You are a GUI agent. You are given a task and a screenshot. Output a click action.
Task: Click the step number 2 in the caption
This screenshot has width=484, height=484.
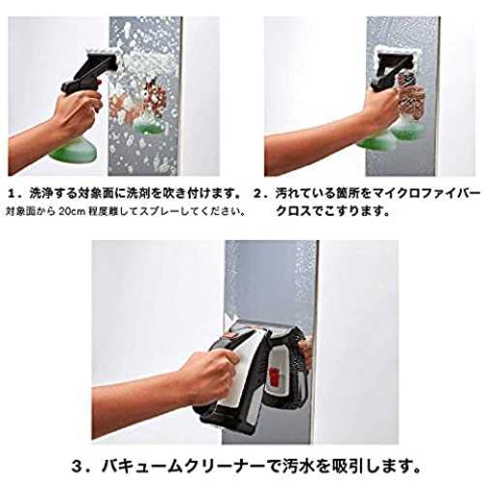tap(258, 194)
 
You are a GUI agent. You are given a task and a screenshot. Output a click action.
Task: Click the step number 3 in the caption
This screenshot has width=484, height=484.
tap(77, 466)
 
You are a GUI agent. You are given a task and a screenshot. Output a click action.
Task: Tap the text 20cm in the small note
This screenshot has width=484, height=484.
tap(72, 212)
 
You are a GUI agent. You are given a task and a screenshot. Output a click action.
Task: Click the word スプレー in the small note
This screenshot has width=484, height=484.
tap(160, 212)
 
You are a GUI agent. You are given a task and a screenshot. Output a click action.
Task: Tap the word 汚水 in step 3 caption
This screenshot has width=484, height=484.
tap(290, 466)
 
